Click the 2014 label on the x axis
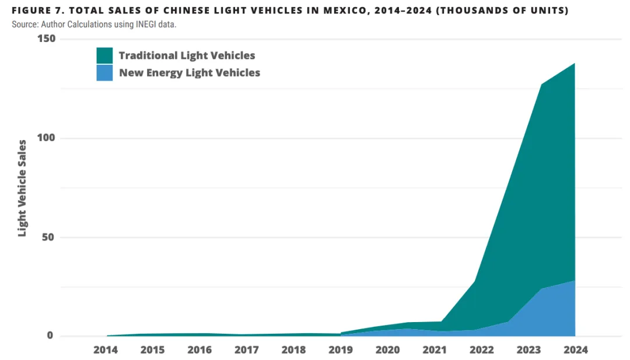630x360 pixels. [106, 350]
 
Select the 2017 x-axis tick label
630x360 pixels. [247, 350]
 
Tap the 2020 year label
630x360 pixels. [387, 350]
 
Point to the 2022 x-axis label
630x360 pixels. [481, 350]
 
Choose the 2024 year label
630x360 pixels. [575, 350]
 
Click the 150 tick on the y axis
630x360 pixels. [46, 39]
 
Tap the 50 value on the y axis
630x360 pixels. [48, 237]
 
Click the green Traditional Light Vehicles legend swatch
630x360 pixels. [104, 55]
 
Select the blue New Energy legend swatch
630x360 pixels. [104, 73]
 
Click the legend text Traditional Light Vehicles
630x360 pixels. [187, 55]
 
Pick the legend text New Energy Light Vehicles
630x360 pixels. [190, 73]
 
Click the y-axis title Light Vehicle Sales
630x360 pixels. [22, 188]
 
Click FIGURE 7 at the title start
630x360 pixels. [35, 11]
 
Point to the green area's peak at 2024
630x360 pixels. [575, 64]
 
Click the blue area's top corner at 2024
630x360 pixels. [575, 281]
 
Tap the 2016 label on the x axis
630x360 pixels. [199, 350]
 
